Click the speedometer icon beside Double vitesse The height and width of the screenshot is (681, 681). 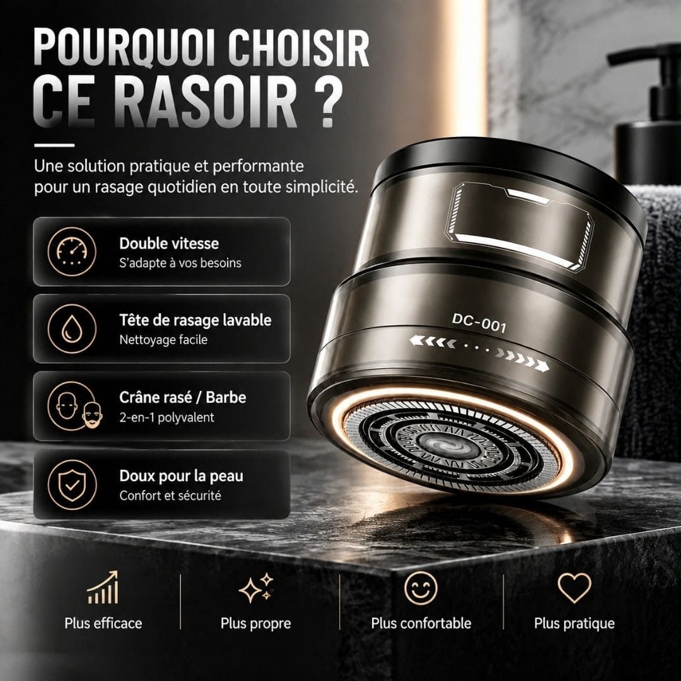[x=72, y=252]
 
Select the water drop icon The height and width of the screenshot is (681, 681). [x=72, y=329]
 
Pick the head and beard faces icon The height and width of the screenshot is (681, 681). [x=74, y=405]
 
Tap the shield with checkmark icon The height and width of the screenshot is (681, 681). [x=72, y=484]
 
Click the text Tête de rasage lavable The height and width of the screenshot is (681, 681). [x=195, y=320]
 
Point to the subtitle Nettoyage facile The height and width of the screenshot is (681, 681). [x=163, y=340]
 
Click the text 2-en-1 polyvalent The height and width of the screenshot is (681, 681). [x=166, y=417]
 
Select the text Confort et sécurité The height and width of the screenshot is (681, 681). [x=170, y=496]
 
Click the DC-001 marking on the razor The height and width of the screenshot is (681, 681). [x=479, y=323]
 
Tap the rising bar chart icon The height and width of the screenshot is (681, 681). [x=103, y=587]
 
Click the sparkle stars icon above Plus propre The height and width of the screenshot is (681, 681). [x=256, y=588]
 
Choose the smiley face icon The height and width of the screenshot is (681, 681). [x=421, y=588]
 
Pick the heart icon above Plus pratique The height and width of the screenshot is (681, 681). [x=574, y=588]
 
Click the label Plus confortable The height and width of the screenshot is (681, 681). [x=421, y=623]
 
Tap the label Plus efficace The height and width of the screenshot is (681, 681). [x=103, y=623]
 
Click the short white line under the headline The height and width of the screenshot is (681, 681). [x=54, y=146]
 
